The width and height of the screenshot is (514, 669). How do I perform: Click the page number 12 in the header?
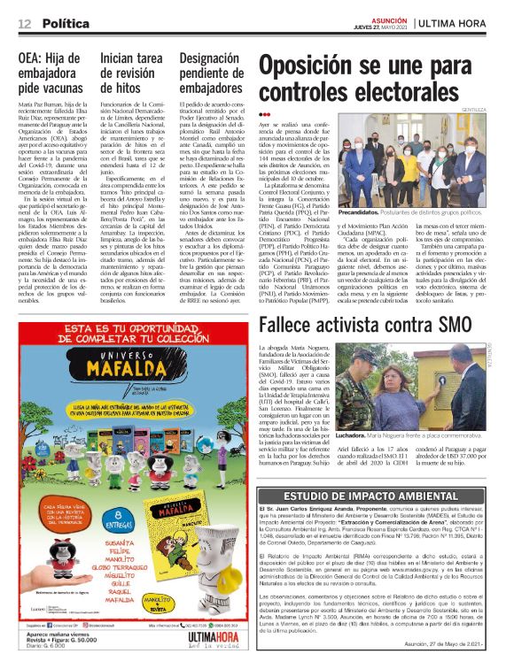(23, 23)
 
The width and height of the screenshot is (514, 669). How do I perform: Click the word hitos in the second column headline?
(121, 88)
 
